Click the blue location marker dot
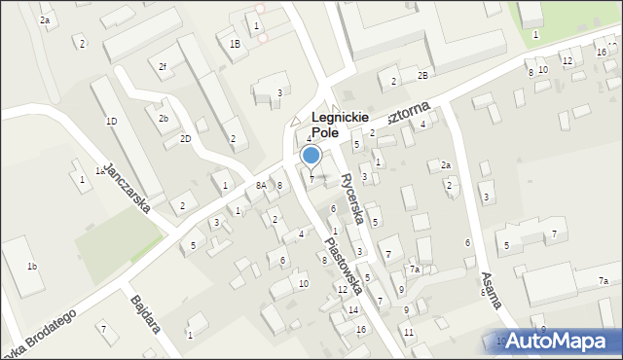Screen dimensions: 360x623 (x=311, y=155)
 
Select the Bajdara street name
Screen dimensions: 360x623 (x=143, y=313)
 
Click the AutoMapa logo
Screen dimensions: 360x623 (x=560, y=340)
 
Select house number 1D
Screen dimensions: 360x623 (x=111, y=121)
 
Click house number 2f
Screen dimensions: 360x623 (x=163, y=66)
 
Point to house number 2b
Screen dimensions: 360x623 (x=164, y=118)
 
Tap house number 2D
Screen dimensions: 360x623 (x=185, y=139)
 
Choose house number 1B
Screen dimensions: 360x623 (x=235, y=44)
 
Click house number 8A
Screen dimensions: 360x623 (x=261, y=185)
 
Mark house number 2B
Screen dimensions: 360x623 (x=422, y=75)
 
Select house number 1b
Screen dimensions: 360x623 (x=32, y=266)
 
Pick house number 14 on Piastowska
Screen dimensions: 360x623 (x=353, y=309)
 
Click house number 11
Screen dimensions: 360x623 (x=409, y=332)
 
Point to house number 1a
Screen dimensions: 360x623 (x=99, y=170)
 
